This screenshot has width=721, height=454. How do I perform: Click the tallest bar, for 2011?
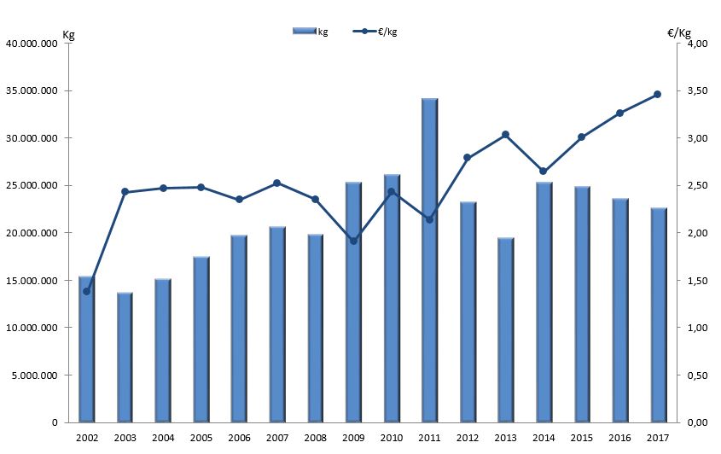[x=429, y=260]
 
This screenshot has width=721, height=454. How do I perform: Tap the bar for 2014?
[x=544, y=302]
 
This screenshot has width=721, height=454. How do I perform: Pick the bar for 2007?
[x=276, y=324]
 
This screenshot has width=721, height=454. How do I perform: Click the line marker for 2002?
[x=86, y=291]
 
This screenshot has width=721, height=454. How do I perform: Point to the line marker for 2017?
[x=657, y=95]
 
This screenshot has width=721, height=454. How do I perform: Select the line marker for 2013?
[x=505, y=135]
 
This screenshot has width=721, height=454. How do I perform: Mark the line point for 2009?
[x=352, y=241]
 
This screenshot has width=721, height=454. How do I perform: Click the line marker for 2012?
[x=467, y=158]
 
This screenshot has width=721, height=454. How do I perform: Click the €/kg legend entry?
[x=375, y=32]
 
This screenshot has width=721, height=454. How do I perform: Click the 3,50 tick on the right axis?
[x=699, y=91]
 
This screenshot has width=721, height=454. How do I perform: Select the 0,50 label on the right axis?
[x=699, y=375]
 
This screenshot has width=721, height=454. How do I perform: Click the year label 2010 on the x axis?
[x=391, y=438]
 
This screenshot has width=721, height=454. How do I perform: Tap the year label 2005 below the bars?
[x=201, y=438]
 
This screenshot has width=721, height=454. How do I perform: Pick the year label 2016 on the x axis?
[x=619, y=438]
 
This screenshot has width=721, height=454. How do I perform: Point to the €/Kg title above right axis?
[x=679, y=33]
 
